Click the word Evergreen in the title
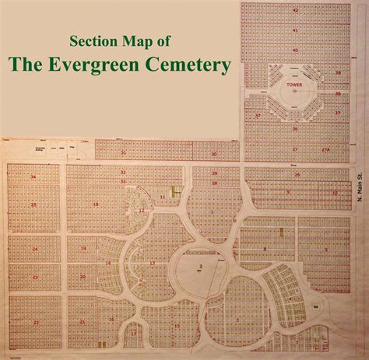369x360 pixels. (x=134, y=65)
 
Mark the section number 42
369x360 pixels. (x=295, y=9)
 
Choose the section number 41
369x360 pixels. (x=295, y=30)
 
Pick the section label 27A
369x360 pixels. (x=326, y=148)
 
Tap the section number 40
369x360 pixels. (x=295, y=50)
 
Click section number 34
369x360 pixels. (x=33, y=177)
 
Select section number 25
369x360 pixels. (x=33, y=204)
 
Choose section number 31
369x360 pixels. (x=123, y=152)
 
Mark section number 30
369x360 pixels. (x=214, y=154)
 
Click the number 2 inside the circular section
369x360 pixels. (x=200, y=267)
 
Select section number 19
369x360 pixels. (x=82, y=249)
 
